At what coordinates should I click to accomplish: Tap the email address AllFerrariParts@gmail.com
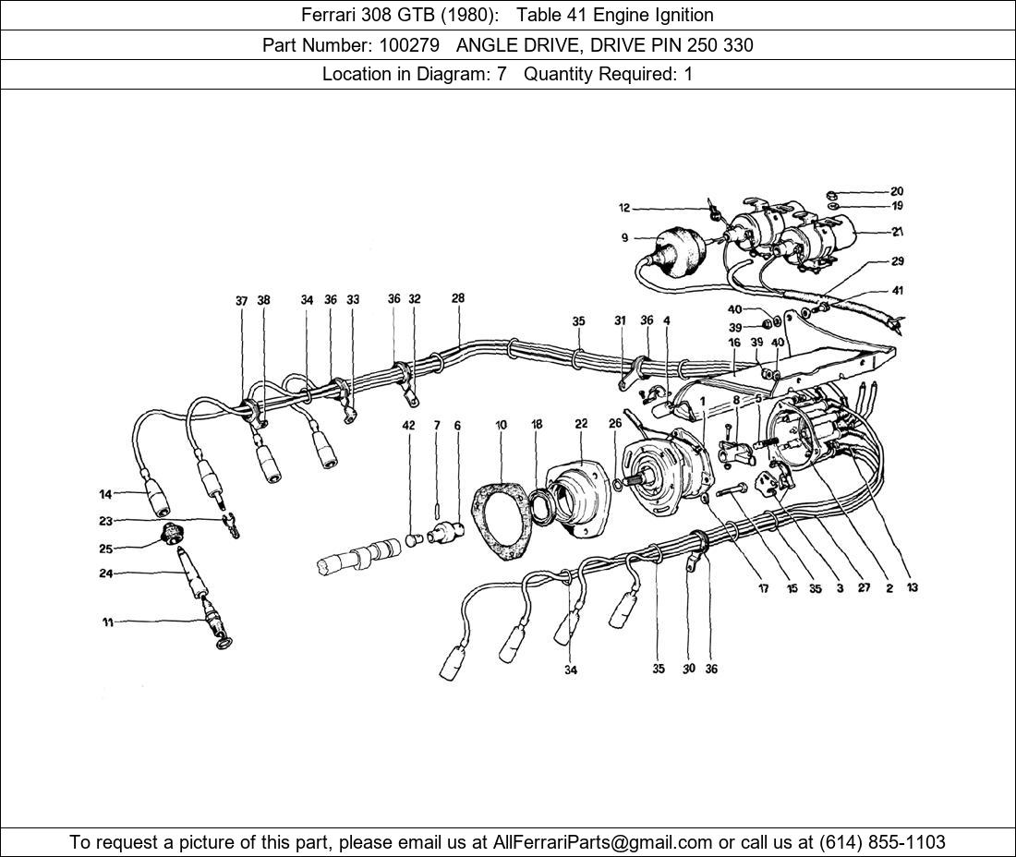603,842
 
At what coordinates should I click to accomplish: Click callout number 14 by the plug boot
106,493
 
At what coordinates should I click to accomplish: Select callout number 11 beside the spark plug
107,622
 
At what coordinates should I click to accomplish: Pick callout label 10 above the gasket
501,426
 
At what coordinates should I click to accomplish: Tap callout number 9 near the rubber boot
625,238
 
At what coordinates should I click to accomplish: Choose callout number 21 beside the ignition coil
897,232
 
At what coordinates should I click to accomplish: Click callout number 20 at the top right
897,192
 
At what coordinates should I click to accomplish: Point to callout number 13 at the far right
913,588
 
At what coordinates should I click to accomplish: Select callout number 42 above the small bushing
408,426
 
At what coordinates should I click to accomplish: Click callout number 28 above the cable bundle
458,298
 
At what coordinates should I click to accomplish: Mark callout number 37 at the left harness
241,301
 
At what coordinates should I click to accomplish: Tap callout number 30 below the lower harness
688,669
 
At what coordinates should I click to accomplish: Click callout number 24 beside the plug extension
106,573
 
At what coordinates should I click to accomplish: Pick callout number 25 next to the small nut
106,549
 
